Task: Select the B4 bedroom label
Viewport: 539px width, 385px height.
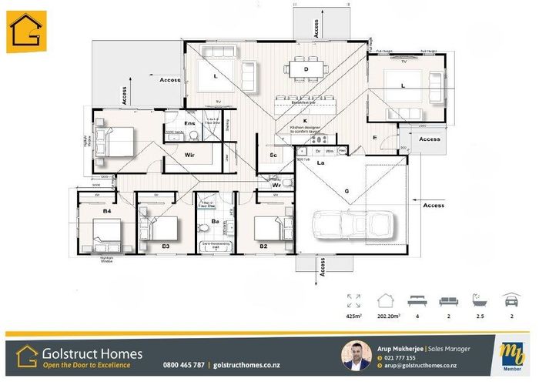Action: click(x=108, y=209)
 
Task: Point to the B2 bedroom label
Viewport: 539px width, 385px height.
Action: click(x=263, y=246)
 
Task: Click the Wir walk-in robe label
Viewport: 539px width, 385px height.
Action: click(x=190, y=154)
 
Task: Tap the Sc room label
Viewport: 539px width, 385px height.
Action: click(x=273, y=156)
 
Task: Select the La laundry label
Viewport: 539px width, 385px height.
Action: click(x=321, y=162)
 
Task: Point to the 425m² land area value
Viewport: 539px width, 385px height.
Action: click(x=354, y=314)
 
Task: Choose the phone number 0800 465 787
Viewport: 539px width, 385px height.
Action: click(x=183, y=364)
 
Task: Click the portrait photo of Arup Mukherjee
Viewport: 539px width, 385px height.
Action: click(x=355, y=357)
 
